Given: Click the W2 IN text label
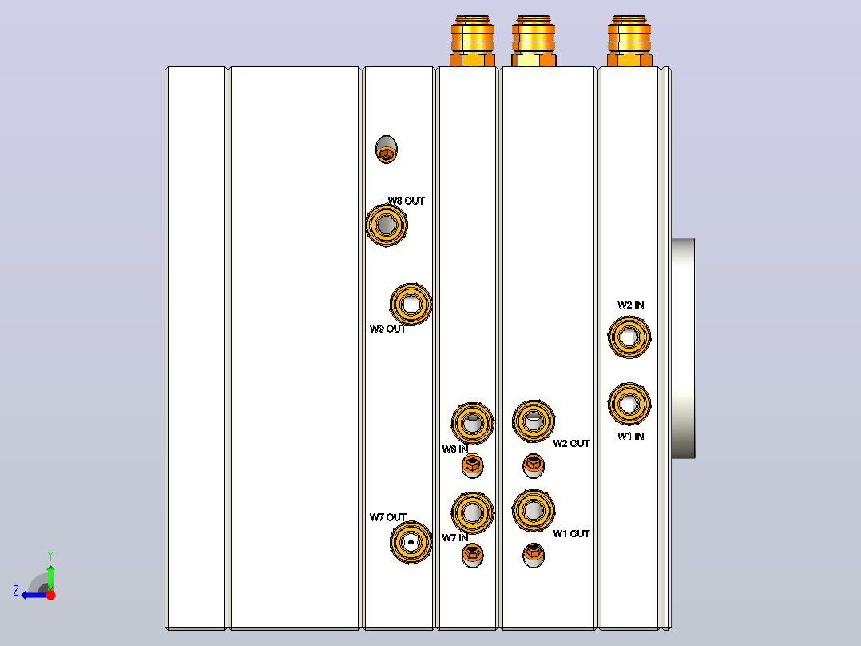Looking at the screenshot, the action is [630, 305].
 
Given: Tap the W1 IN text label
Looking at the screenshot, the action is [630, 436].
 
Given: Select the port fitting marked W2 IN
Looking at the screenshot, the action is [629, 337].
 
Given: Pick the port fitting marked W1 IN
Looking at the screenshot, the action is [629, 404].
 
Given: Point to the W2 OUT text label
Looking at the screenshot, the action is [571, 443].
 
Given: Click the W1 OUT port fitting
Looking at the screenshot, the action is [534, 511].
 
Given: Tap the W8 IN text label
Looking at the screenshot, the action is [454, 449].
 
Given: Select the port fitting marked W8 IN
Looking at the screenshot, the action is [472, 423].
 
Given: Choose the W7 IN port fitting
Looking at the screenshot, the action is [472, 513].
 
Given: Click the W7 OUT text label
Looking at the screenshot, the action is [387, 517].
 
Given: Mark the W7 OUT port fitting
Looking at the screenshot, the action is [411, 543].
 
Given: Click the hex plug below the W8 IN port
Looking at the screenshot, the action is [472, 466].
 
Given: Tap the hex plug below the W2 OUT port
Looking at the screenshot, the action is [534, 465].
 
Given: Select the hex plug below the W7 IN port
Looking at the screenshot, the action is [472, 556].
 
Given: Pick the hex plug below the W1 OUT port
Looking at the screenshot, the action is [534, 555].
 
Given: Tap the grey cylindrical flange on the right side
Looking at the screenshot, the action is [684, 349].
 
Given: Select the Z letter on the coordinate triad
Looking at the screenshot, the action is [16, 591].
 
